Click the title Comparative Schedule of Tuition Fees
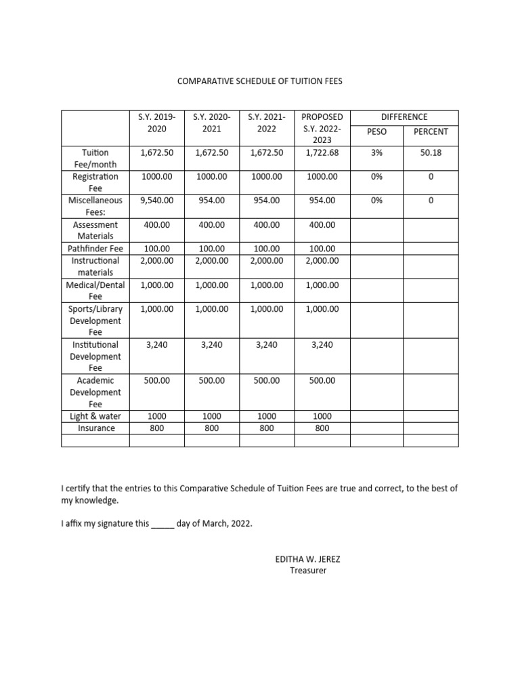(260, 81)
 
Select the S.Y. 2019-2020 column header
(156, 123)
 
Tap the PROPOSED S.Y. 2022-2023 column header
(322, 129)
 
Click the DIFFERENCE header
(404, 117)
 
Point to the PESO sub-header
(376, 131)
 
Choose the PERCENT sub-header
(431, 131)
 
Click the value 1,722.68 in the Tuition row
(322, 153)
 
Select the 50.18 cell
(431, 153)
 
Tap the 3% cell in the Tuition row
(376, 153)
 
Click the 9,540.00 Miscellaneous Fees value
(156, 201)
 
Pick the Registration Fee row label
(95, 182)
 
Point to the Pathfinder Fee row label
(95, 249)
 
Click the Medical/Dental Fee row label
(95, 291)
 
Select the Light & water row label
(95, 416)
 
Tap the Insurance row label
(95, 428)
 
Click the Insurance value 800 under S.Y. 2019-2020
(156, 428)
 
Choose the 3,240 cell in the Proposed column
(322, 345)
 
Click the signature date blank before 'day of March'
(162, 525)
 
